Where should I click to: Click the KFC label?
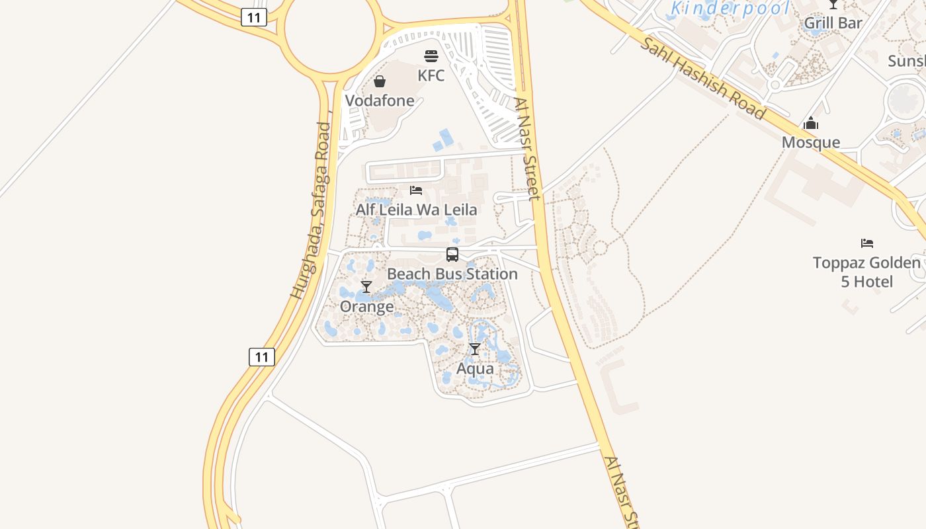click(431, 75)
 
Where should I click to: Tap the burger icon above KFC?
click(431, 56)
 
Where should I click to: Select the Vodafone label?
click(380, 101)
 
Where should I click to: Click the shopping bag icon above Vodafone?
click(380, 81)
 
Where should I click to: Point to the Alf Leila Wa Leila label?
click(416, 210)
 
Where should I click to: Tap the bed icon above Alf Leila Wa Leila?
click(416, 190)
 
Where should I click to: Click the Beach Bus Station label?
click(452, 274)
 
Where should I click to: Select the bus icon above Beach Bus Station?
click(452, 255)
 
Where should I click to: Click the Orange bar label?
click(366, 306)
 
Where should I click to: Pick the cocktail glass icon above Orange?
click(366, 287)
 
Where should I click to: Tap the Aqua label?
click(475, 368)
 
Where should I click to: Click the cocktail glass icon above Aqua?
click(475, 349)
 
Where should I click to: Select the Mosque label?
click(810, 142)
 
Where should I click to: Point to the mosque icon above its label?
click(811, 123)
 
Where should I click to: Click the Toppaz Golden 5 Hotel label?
click(866, 272)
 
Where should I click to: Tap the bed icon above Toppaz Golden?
click(867, 243)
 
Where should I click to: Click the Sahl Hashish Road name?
click(704, 79)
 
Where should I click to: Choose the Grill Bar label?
click(833, 23)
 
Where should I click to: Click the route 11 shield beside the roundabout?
click(253, 17)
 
